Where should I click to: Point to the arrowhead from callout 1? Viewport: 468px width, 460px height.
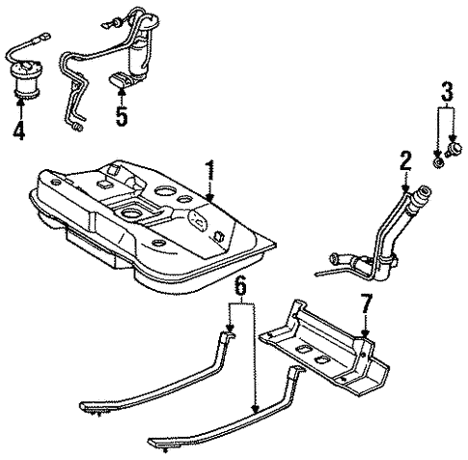pyautogui.click(x=206, y=198)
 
